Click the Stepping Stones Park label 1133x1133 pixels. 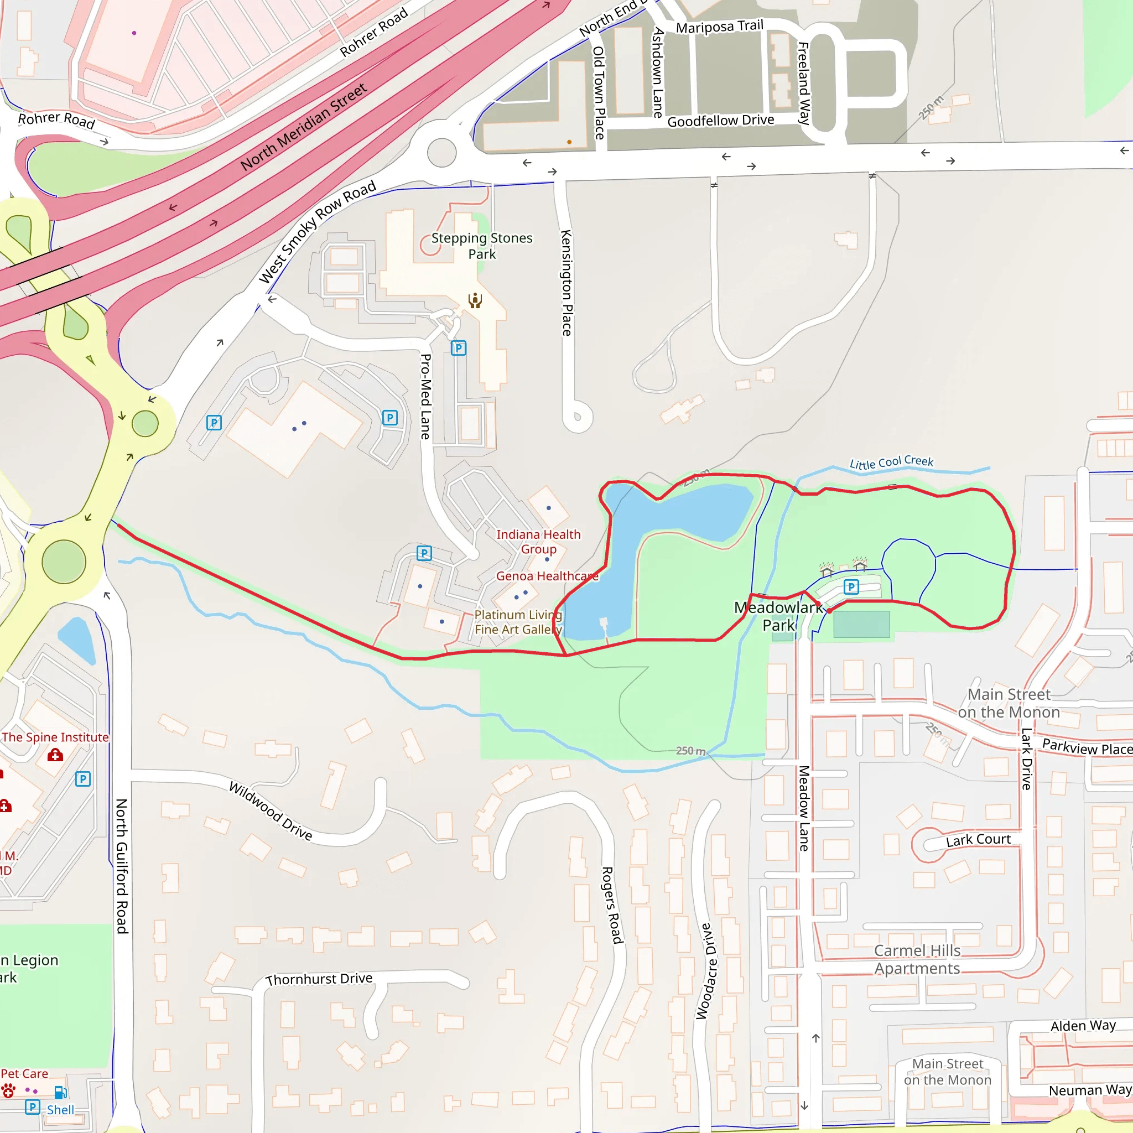[481, 246]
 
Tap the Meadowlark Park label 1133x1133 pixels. [778, 616]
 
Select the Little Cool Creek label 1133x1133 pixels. [891, 462]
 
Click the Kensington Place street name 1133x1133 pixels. [566, 283]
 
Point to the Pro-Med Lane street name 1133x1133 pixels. [426, 397]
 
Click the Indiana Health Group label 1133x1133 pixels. [538, 542]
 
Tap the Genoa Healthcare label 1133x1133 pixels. [547, 576]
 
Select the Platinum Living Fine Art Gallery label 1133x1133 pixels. [518, 622]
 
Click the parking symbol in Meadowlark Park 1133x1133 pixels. [851, 586]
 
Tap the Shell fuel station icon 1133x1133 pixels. [60, 1093]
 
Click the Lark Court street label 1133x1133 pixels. [978, 840]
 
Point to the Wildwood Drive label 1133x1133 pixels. [271, 810]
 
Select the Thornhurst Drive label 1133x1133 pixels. [319, 979]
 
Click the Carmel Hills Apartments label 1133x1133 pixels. [917, 959]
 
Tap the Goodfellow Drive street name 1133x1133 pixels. [721, 121]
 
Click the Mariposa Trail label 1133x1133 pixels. [720, 27]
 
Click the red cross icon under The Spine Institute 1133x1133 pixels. [55, 755]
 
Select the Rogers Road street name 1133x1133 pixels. [611, 905]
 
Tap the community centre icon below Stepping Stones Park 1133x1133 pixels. [475, 300]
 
